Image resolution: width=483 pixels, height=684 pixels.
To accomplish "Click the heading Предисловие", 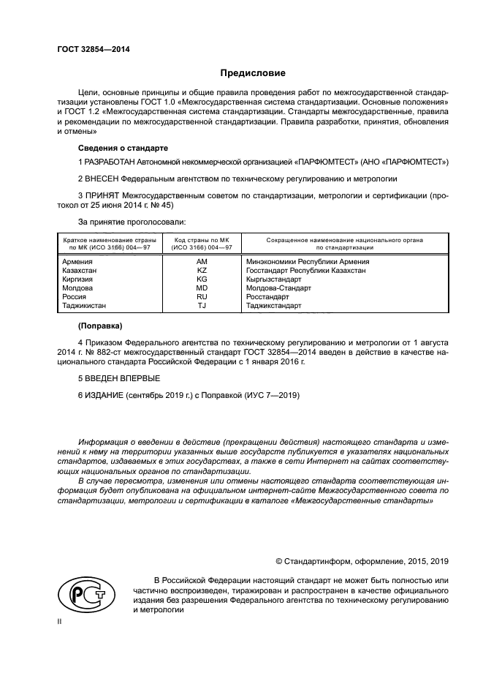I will (253, 73).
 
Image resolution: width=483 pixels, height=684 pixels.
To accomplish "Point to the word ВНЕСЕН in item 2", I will (103, 178).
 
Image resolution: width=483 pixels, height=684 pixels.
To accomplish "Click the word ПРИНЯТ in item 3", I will (102, 195).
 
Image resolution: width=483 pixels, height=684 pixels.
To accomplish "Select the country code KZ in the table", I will (202, 270).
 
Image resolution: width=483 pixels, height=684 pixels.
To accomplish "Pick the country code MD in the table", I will (202, 288).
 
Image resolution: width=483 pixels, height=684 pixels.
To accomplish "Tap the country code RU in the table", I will (202, 297).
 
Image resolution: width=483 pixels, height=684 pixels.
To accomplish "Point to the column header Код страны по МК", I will (202, 240).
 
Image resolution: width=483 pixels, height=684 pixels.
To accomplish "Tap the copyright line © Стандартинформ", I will (361, 561).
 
